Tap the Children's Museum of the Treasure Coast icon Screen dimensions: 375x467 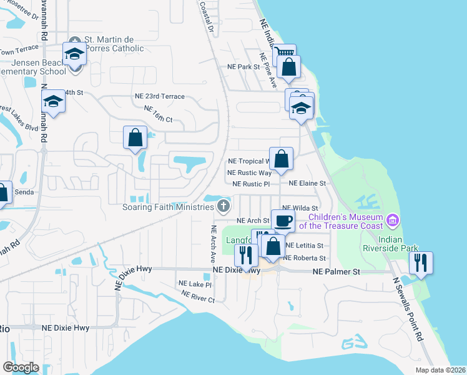tap(393, 219)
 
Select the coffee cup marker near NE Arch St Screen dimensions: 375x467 tap(283, 220)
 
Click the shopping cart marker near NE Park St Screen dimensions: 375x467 tap(283, 54)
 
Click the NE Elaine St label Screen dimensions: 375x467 tap(308, 184)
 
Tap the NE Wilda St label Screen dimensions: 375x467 tap(300, 208)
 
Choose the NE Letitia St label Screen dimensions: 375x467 tap(305, 246)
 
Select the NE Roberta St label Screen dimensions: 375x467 tap(305, 258)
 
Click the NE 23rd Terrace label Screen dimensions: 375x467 tap(160, 96)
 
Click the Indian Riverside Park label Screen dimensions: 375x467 tap(400, 244)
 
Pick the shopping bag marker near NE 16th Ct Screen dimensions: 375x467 tap(135, 138)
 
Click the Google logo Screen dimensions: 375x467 tap(21, 367)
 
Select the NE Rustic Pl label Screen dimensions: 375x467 tap(251, 184)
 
